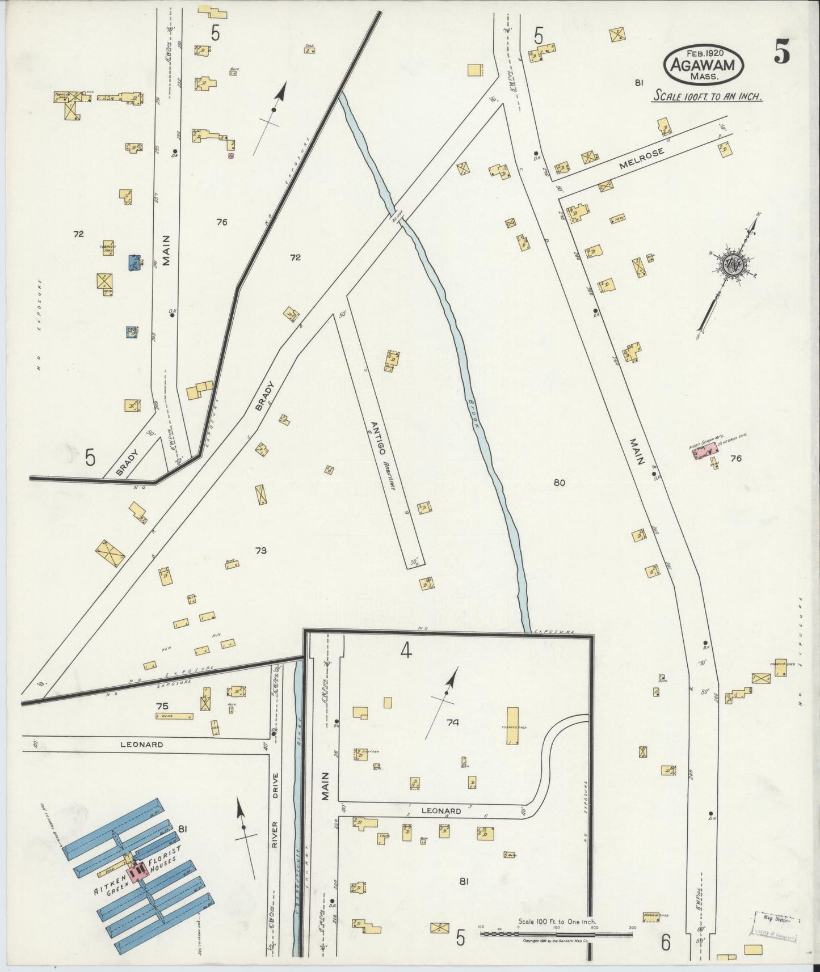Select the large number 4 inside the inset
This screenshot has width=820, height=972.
pyautogui.click(x=405, y=652)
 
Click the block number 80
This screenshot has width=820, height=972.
pyautogui.click(x=560, y=483)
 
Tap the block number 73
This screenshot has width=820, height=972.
pyautogui.click(x=261, y=550)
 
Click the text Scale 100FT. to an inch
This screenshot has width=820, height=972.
pyautogui.click(x=707, y=96)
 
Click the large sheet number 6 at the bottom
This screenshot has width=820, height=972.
pyautogui.click(x=666, y=943)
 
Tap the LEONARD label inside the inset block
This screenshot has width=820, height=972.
pyautogui.click(x=441, y=811)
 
